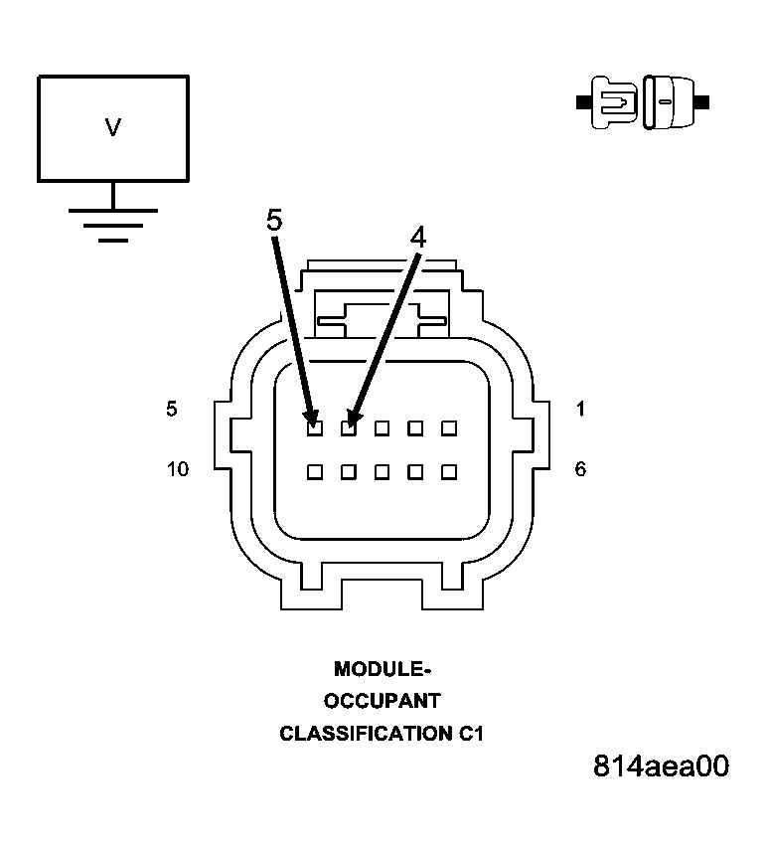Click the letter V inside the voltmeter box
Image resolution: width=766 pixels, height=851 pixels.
pyautogui.click(x=113, y=127)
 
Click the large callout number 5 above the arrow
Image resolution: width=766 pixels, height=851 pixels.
pyautogui.click(x=274, y=220)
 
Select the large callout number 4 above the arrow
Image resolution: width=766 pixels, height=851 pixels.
pyautogui.click(x=418, y=237)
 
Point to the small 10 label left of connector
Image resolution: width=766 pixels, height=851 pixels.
pyautogui.click(x=178, y=469)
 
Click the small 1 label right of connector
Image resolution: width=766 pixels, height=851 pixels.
pyautogui.click(x=580, y=409)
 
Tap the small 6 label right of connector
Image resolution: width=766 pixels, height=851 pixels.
pyautogui.click(x=580, y=469)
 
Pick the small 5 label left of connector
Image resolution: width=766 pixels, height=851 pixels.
pyautogui.click(x=172, y=409)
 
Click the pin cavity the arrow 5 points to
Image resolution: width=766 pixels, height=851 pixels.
pyautogui.click(x=314, y=428)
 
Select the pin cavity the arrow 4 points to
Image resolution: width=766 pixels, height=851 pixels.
pyautogui.click(x=348, y=428)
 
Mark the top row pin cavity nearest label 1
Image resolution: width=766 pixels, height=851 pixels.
pyautogui.click(x=449, y=428)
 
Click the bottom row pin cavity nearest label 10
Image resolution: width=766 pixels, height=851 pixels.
pyautogui.click(x=314, y=472)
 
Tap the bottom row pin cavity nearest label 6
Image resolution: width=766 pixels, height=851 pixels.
pyautogui.click(x=449, y=472)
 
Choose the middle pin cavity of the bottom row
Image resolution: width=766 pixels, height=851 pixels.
pyautogui.click(x=382, y=472)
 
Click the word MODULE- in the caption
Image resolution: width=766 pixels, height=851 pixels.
pyautogui.click(x=382, y=669)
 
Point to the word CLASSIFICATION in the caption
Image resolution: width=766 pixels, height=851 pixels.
pyautogui.click(x=365, y=735)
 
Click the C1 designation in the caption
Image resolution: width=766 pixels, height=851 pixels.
pyautogui.click(x=471, y=735)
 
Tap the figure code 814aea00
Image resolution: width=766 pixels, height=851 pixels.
pyautogui.click(x=661, y=766)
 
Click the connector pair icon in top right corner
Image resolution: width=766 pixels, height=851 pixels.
pyautogui.click(x=643, y=101)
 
